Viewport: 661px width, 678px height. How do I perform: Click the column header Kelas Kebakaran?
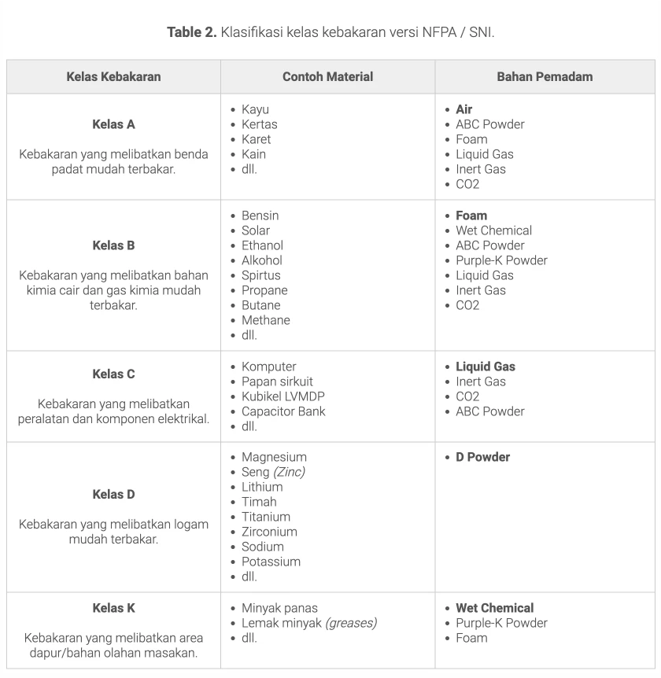pyautogui.click(x=113, y=76)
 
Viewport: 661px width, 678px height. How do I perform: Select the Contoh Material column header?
pyautogui.click(x=327, y=76)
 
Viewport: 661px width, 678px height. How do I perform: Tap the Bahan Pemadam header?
pyautogui.click(x=545, y=76)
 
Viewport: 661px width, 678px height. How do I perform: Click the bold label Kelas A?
pyautogui.click(x=113, y=124)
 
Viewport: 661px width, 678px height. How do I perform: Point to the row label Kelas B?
pyautogui.click(x=113, y=245)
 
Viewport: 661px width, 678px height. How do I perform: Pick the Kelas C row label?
pyautogui.click(x=113, y=374)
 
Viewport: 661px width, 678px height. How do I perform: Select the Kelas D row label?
pyautogui.click(x=113, y=495)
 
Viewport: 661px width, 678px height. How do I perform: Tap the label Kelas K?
pyautogui.click(x=113, y=608)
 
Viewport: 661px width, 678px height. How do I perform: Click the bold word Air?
pyautogui.click(x=464, y=109)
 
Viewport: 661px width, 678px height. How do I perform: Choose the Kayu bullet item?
pyautogui.click(x=256, y=109)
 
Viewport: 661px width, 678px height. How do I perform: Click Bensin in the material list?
pyautogui.click(x=260, y=216)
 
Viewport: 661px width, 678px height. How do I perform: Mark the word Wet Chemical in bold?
pyautogui.click(x=494, y=608)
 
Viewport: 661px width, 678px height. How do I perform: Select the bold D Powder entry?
pyautogui.click(x=482, y=457)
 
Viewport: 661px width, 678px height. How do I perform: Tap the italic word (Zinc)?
pyautogui.click(x=289, y=472)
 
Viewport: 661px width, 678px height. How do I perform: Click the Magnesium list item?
pyautogui.click(x=274, y=457)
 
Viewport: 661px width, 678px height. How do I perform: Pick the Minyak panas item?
pyautogui.click(x=277, y=608)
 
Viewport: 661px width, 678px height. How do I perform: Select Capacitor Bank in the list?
pyautogui.click(x=283, y=411)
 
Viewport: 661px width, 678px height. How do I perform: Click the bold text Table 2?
pyautogui.click(x=191, y=32)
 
